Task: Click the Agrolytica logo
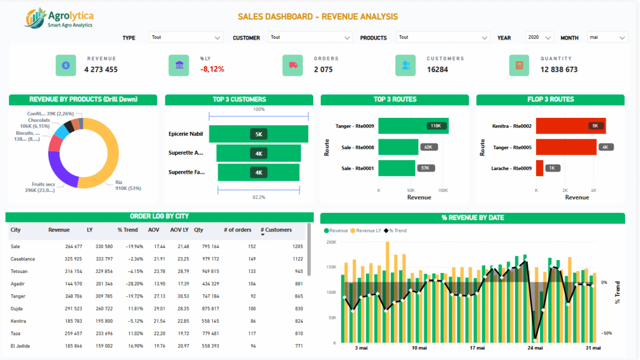(59, 18)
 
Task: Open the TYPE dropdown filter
(186, 37)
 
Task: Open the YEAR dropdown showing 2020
(539, 37)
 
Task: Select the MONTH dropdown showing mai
(607, 37)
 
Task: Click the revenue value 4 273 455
(101, 69)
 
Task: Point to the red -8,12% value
(212, 69)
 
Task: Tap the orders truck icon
(293, 65)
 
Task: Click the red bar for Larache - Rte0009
(539, 168)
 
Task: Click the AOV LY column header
(179, 230)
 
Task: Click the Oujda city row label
(18, 309)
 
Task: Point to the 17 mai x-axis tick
(477, 348)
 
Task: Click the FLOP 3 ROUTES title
(550, 99)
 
